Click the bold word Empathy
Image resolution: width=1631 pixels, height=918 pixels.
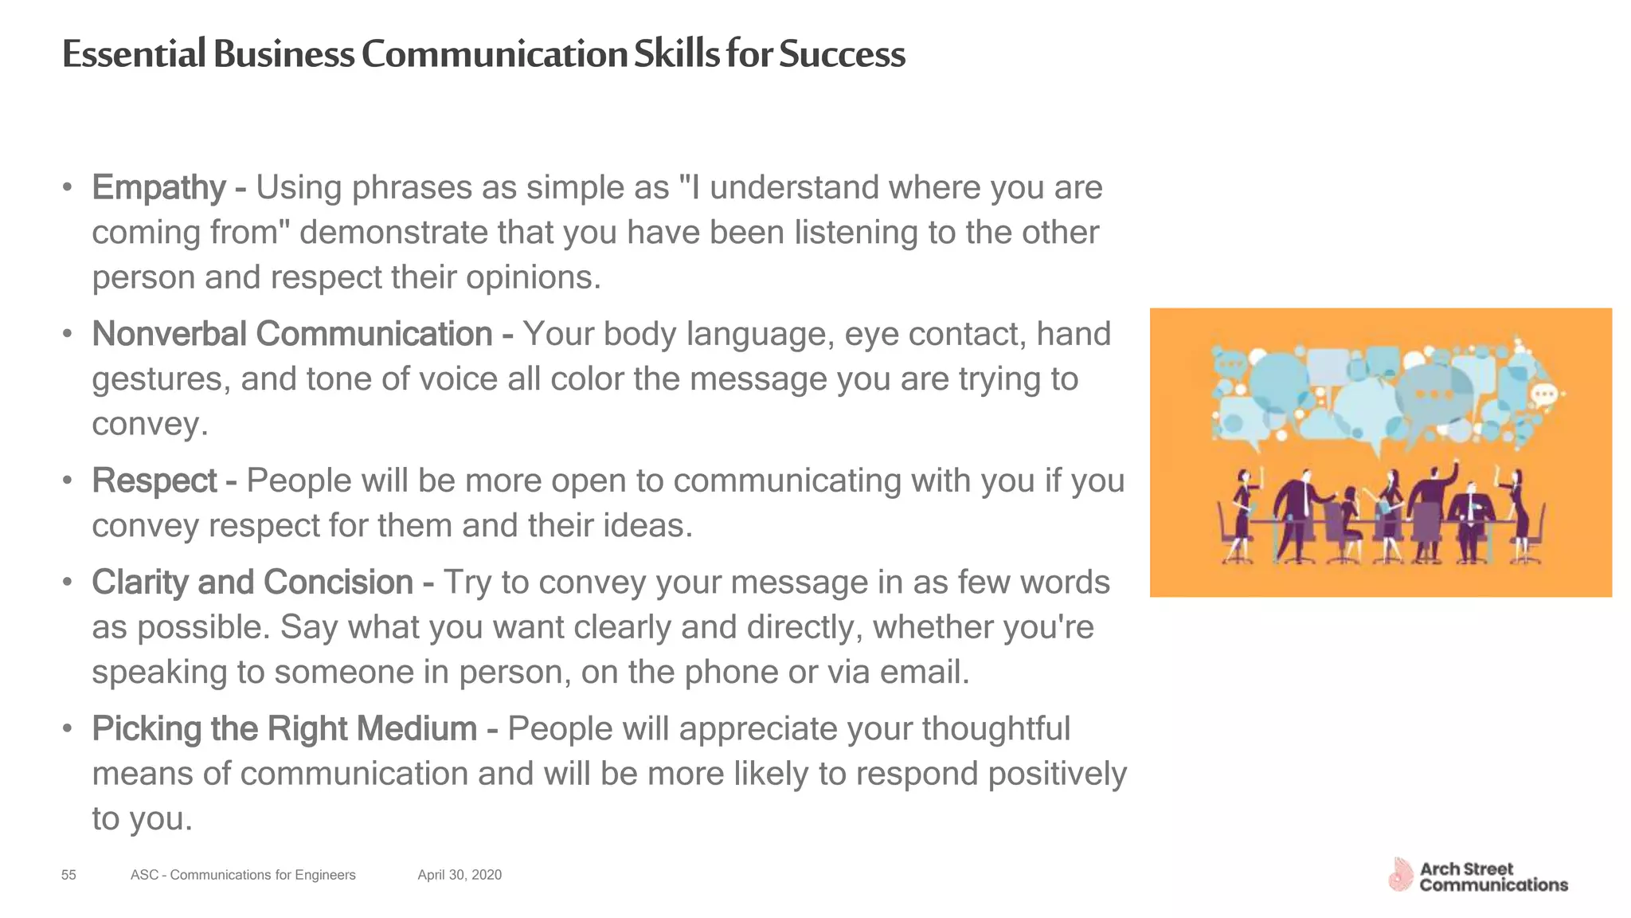(159, 188)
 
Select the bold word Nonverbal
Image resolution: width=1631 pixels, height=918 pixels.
(169, 334)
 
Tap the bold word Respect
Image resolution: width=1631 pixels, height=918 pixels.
(154, 481)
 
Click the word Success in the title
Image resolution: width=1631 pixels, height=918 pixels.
(842, 54)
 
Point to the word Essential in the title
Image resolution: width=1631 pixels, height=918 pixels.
(134, 54)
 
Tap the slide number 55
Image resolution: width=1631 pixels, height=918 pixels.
(68, 875)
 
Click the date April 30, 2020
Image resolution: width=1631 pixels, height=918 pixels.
(460, 875)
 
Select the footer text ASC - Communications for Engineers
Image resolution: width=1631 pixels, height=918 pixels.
(243, 875)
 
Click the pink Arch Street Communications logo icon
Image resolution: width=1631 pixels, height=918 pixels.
(1400, 875)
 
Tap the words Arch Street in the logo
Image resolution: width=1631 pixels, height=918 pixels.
(1466, 869)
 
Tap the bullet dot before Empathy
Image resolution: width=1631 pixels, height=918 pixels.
(68, 188)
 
